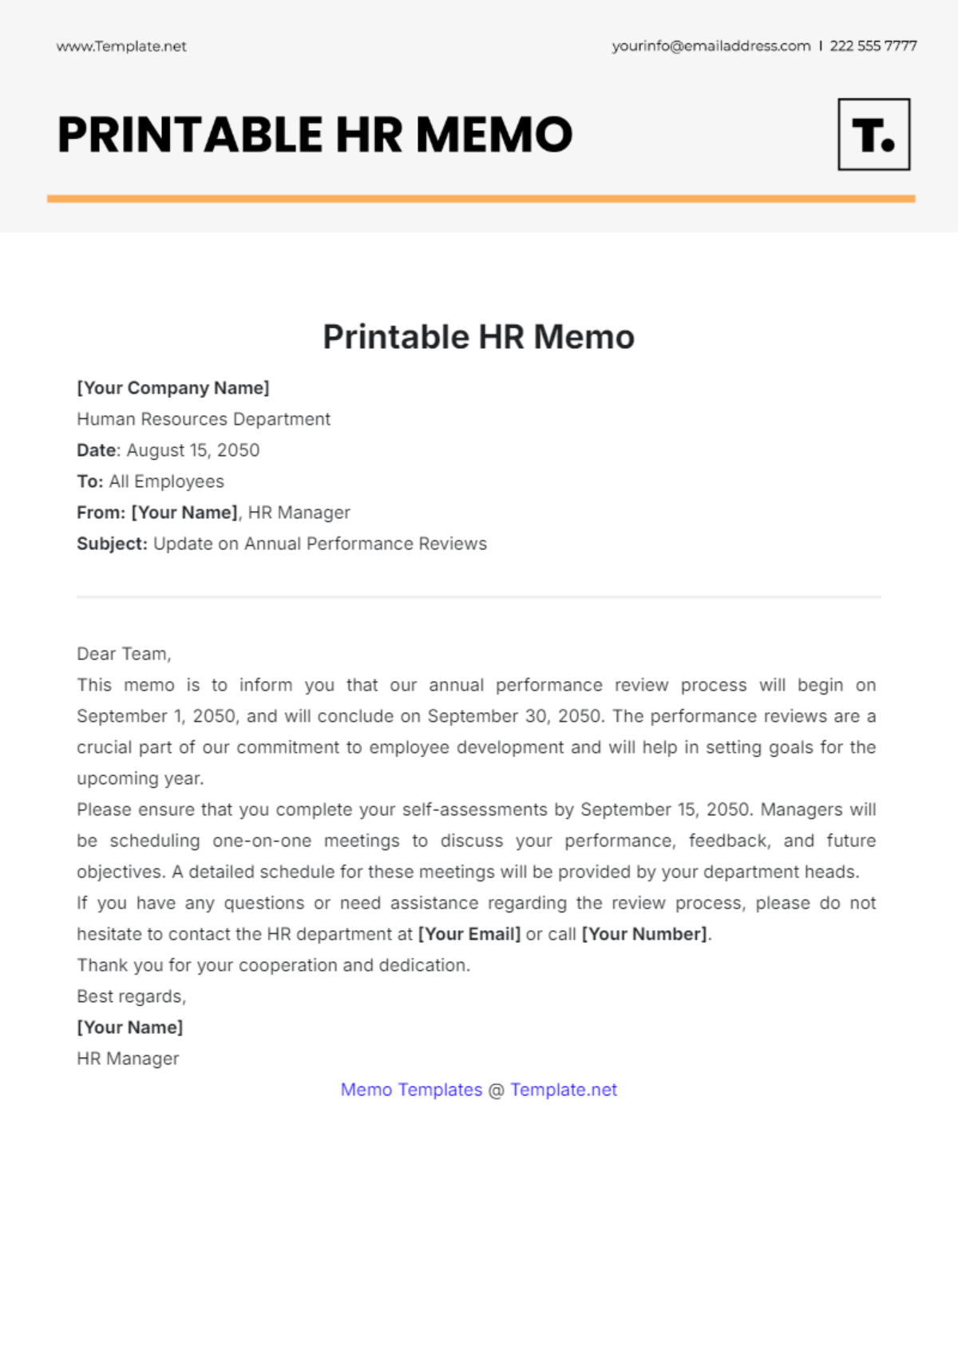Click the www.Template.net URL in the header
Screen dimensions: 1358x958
(x=121, y=46)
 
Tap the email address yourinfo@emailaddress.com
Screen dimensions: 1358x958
(x=711, y=46)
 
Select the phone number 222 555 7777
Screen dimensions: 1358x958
(x=873, y=46)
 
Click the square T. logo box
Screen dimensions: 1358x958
(x=873, y=134)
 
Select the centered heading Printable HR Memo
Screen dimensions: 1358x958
(x=478, y=337)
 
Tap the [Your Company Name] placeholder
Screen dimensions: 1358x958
(x=173, y=388)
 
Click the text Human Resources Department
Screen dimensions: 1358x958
(x=204, y=419)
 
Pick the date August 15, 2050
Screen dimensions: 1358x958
(x=193, y=450)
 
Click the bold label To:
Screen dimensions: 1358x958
(x=90, y=481)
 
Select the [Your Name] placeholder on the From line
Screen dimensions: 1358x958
(x=184, y=513)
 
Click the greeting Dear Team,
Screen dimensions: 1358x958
(x=124, y=654)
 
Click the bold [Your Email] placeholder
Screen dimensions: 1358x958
(x=469, y=934)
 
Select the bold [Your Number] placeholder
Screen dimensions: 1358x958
(x=644, y=934)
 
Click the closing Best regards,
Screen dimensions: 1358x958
(x=131, y=996)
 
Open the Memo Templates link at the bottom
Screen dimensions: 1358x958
(x=411, y=1090)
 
